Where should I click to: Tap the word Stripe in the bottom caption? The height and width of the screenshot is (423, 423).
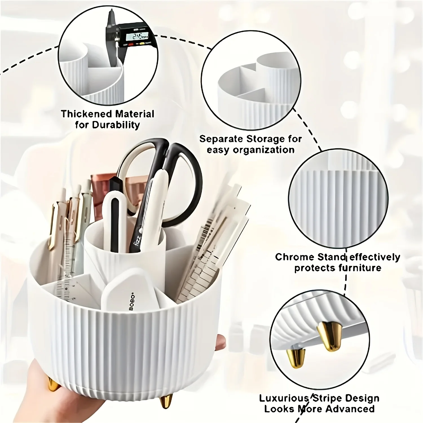[325, 398]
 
